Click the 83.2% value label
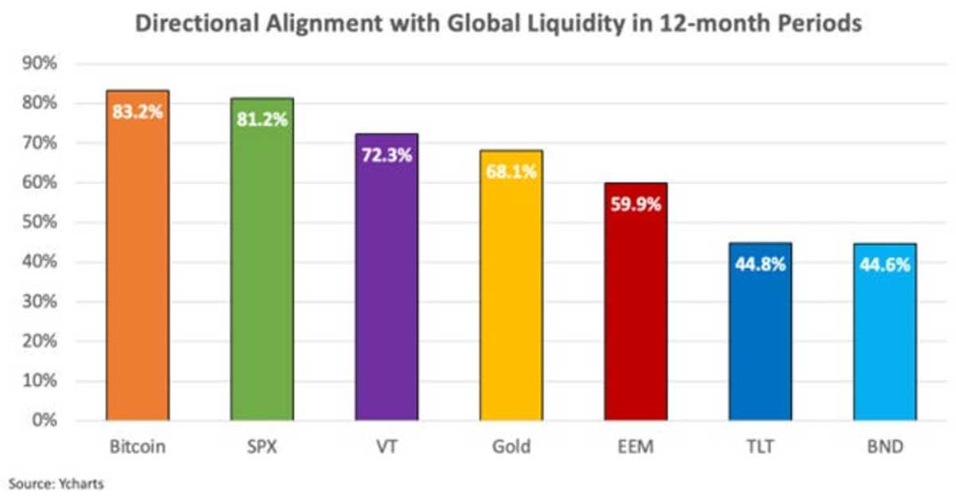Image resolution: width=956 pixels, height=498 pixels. (x=137, y=112)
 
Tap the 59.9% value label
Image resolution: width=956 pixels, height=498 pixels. (x=636, y=205)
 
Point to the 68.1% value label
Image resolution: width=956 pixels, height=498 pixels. (x=511, y=172)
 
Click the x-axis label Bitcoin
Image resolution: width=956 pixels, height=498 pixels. (x=137, y=447)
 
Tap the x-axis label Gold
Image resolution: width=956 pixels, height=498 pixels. (x=511, y=447)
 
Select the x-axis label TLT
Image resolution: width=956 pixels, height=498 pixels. (x=760, y=447)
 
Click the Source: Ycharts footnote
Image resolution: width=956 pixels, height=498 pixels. (x=57, y=482)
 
